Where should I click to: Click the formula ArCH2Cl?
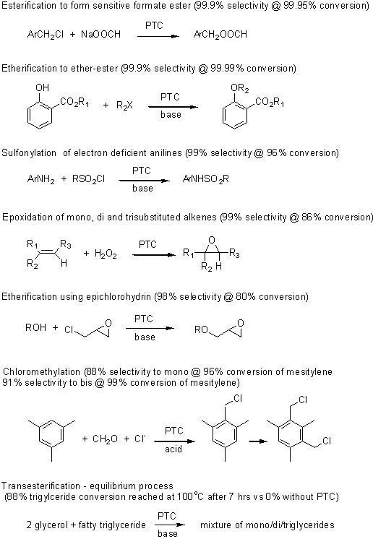[46, 35]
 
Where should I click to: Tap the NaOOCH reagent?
[100, 34]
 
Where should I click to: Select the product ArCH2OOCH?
[220, 35]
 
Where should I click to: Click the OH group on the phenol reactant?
[42, 87]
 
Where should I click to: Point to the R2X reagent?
[124, 105]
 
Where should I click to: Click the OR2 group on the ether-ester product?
[239, 88]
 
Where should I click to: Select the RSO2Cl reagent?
[88, 179]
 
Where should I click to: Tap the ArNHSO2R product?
[205, 179]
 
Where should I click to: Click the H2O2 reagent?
[106, 254]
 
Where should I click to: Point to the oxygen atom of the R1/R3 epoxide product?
[212, 240]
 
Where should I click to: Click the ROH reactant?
[35, 327]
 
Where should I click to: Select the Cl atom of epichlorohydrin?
[69, 330]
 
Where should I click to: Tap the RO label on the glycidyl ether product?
[201, 330]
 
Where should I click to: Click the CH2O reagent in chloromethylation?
[105, 439]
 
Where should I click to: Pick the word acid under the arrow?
[173, 449]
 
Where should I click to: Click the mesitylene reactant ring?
[51, 434]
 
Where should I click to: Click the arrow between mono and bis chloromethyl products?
[258, 441]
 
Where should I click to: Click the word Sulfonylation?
[29, 153]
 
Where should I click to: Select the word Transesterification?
[41, 486]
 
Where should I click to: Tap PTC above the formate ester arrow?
[154, 25]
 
